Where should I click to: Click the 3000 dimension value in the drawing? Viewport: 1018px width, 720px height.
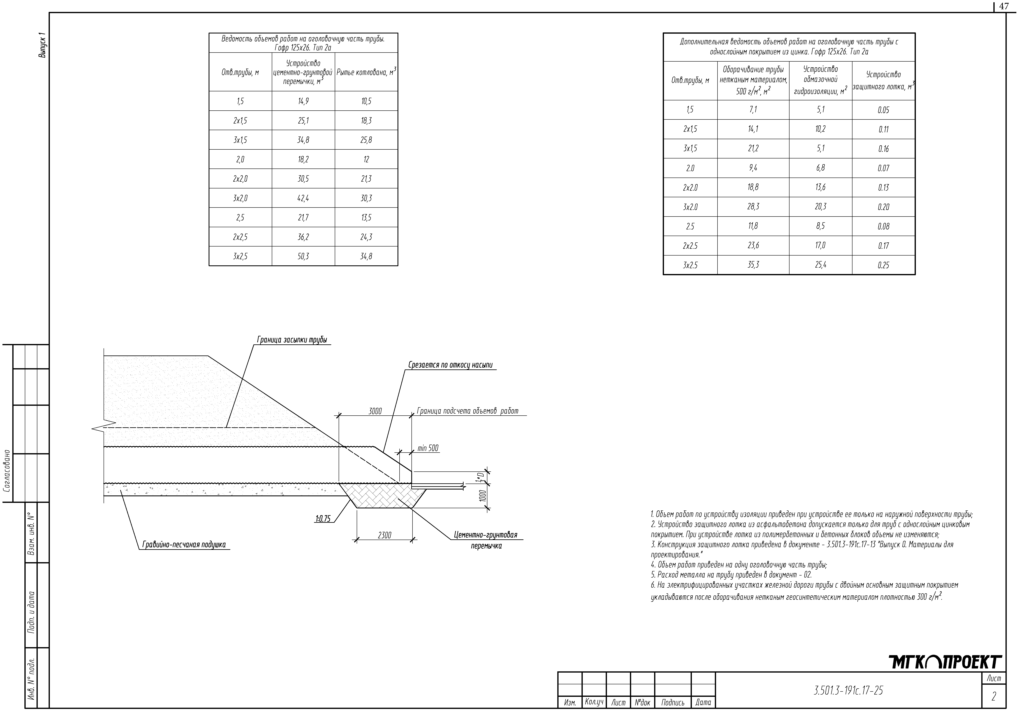pyautogui.click(x=375, y=411)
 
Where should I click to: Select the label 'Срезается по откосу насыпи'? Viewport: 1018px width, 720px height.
pyautogui.click(x=450, y=365)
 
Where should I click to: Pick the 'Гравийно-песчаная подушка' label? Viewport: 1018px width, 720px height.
pyautogui.click(x=184, y=545)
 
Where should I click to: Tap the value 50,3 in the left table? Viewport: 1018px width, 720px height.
pyautogui.click(x=303, y=256)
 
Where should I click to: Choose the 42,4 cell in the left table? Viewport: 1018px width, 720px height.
pyautogui.click(x=303, y=198)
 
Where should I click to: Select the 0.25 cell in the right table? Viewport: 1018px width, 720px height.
pyautogui.click(x=883, y=265)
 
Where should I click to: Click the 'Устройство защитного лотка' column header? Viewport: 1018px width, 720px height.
pyautogui.click(x=883, y=81)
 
